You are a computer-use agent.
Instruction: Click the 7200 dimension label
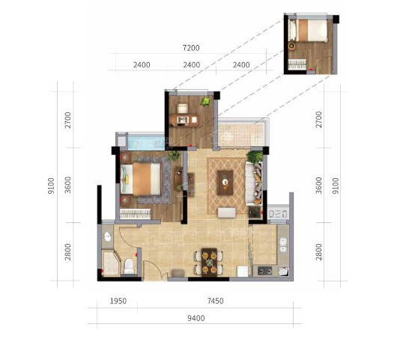tap(191, 48)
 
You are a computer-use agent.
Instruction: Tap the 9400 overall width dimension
tap(196, 318)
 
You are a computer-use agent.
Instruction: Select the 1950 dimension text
tap(118, 301)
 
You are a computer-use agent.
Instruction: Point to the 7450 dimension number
tap(215, 301)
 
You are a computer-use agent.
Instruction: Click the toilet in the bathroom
tap(129, 266)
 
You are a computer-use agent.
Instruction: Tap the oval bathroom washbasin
tap(108, 237)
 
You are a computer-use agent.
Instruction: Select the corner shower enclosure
tap(111, 263)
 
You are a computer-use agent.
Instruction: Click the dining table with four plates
tap(209, 262)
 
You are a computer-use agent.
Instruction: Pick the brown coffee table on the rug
tap(225, 183)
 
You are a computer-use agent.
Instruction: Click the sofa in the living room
tap(253, 183)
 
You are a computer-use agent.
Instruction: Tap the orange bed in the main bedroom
tap(141, 179)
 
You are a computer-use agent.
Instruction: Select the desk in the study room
tap(184, 120)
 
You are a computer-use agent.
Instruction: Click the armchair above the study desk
tap(183, 108)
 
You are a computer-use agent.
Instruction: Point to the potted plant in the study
tap(205, 102)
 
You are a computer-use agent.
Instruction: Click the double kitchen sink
tap(283, 245)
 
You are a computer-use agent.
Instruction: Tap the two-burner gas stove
tap(265, 271)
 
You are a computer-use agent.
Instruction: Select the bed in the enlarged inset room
tap(308, 31)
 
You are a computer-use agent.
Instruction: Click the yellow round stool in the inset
tap(292, 46)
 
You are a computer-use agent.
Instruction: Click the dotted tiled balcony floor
tap(241, 135)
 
